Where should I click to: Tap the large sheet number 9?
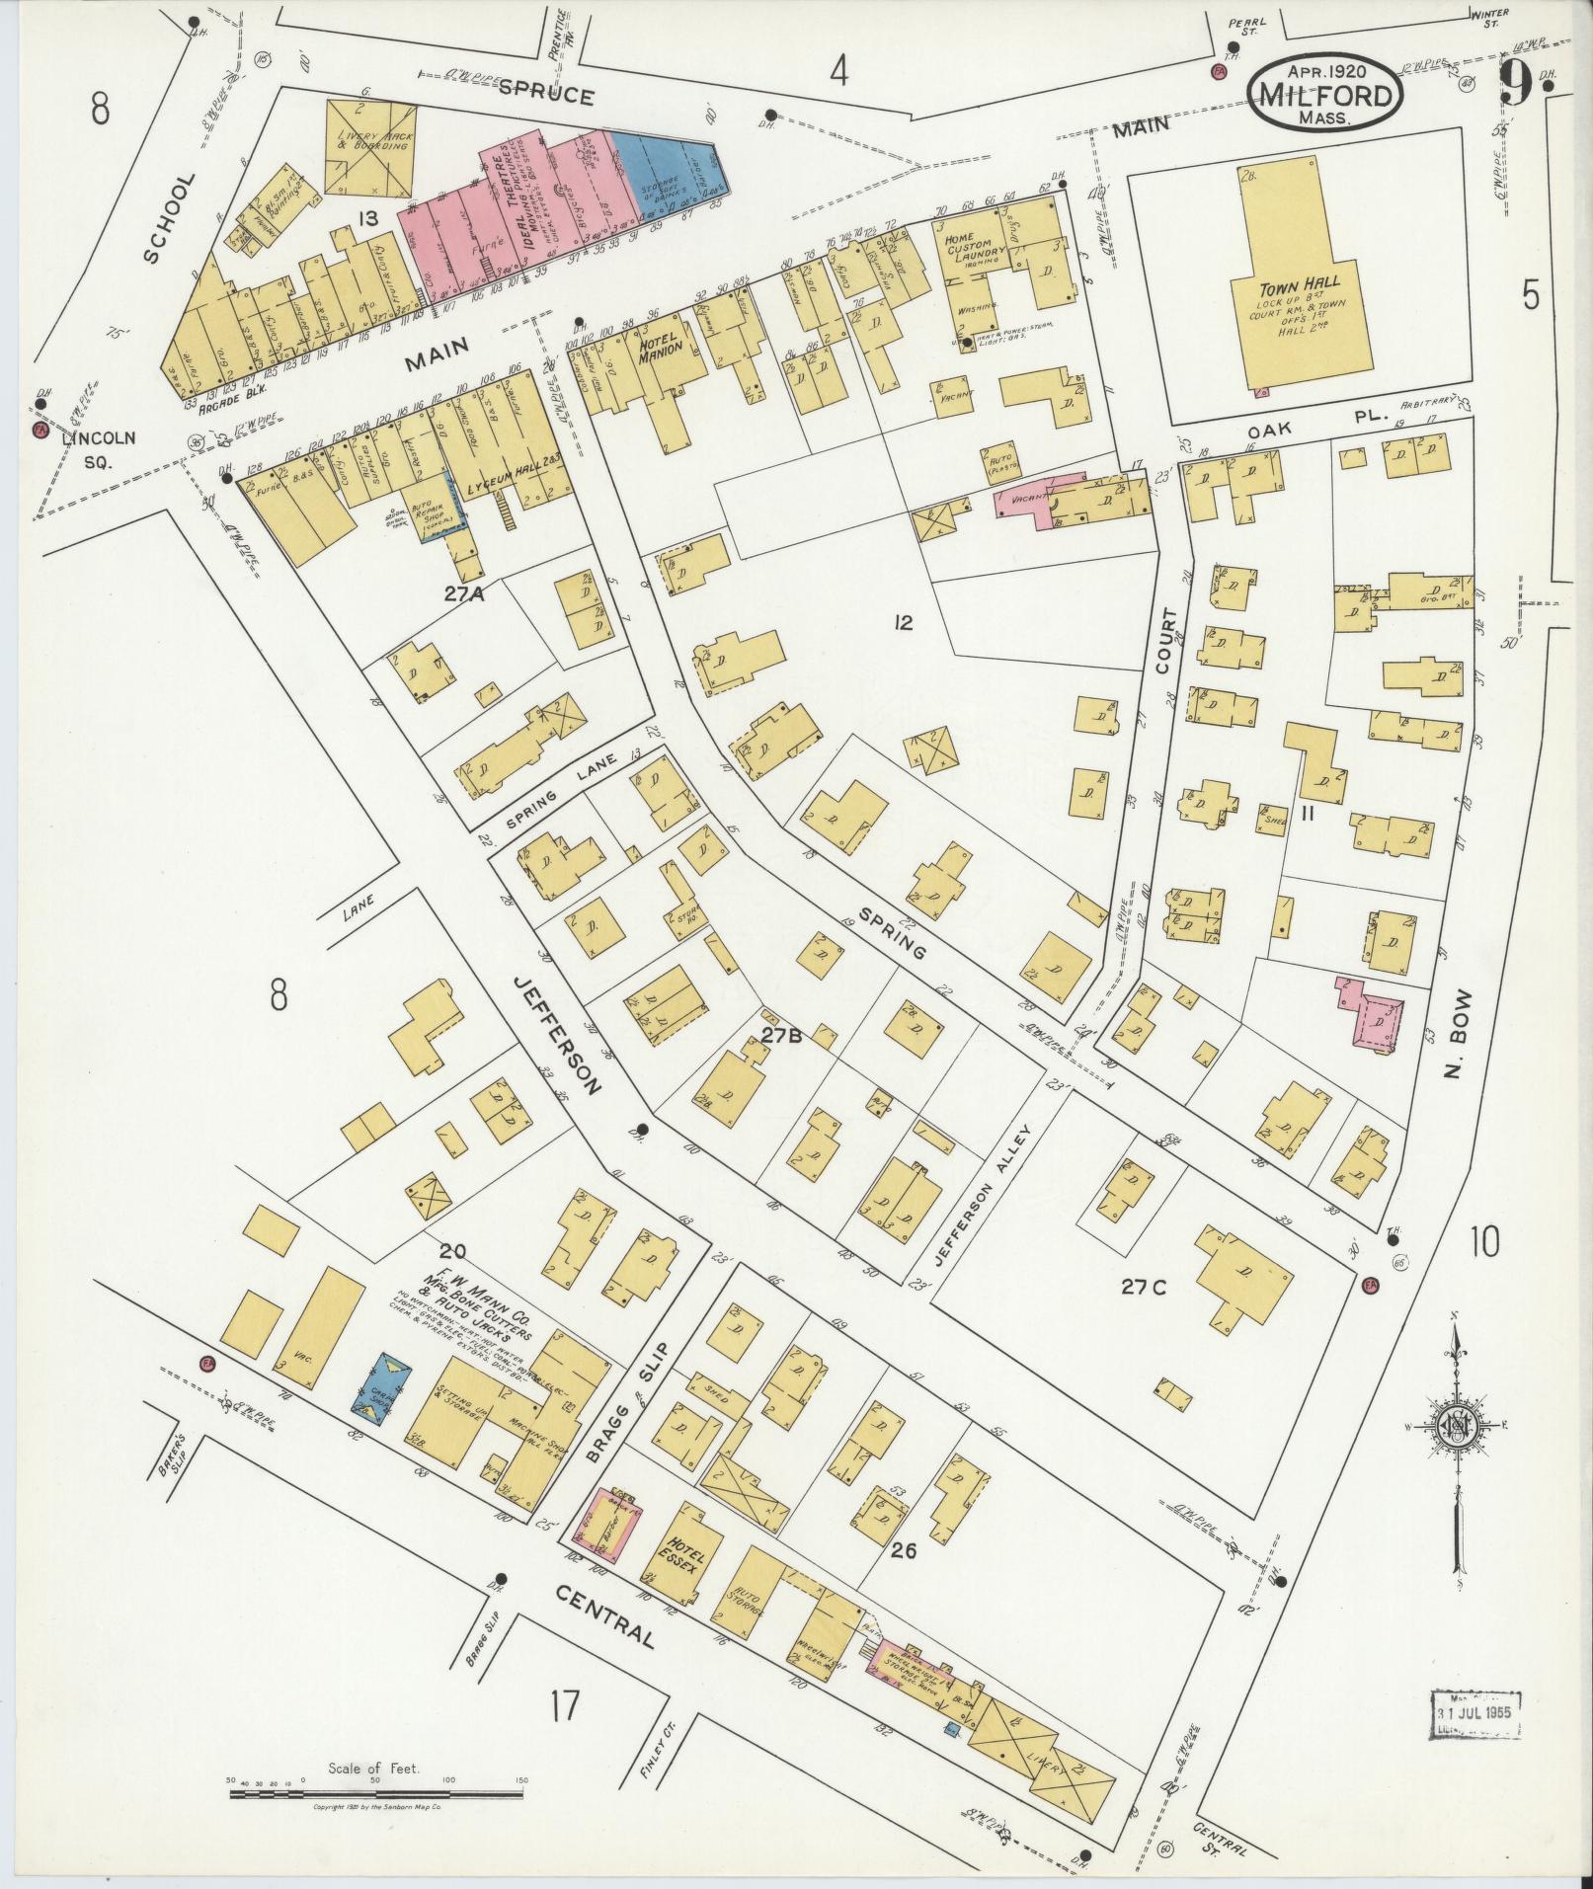[x=1515, y=86]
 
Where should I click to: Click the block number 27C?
[x=1143, y=1287]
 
